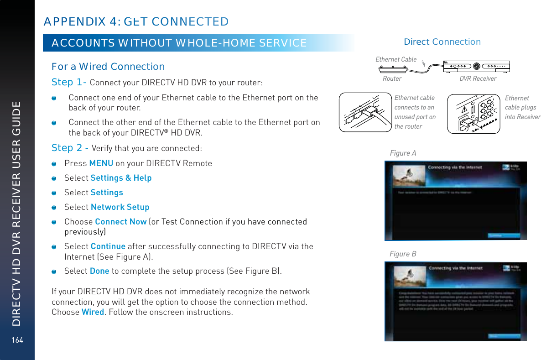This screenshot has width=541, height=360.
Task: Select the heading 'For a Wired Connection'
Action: [108, 67]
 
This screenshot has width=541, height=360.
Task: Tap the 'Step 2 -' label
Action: [70, 148]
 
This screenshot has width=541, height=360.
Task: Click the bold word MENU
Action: [101, 163]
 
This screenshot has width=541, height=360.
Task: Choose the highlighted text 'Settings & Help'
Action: [121, 177]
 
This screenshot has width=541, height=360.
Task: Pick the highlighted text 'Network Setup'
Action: [120, 207]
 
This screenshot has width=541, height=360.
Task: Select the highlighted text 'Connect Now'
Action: [120, 222]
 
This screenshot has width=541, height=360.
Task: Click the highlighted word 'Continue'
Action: [108, 246]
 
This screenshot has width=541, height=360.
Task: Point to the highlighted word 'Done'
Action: [99, 271]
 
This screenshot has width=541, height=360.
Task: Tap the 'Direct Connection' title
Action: [442, 42]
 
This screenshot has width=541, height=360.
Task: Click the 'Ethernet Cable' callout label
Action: [396, 59]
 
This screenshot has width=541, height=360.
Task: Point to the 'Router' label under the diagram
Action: [392, 78]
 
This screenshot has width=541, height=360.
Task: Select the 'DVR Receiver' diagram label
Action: [478, 78]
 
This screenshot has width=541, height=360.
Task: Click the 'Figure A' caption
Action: [403, 153]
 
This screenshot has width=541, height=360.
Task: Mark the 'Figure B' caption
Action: [403, 254]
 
